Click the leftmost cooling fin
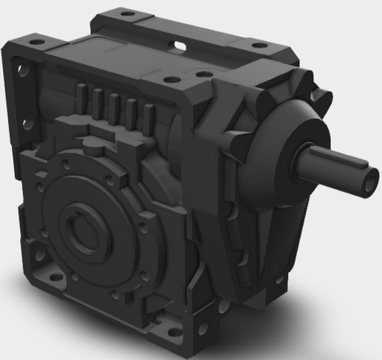[x=81, y=98]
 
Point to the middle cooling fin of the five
[x=113, y=105]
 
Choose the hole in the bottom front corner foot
[x=202, y=329]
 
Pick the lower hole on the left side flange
[x=28, y=125]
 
